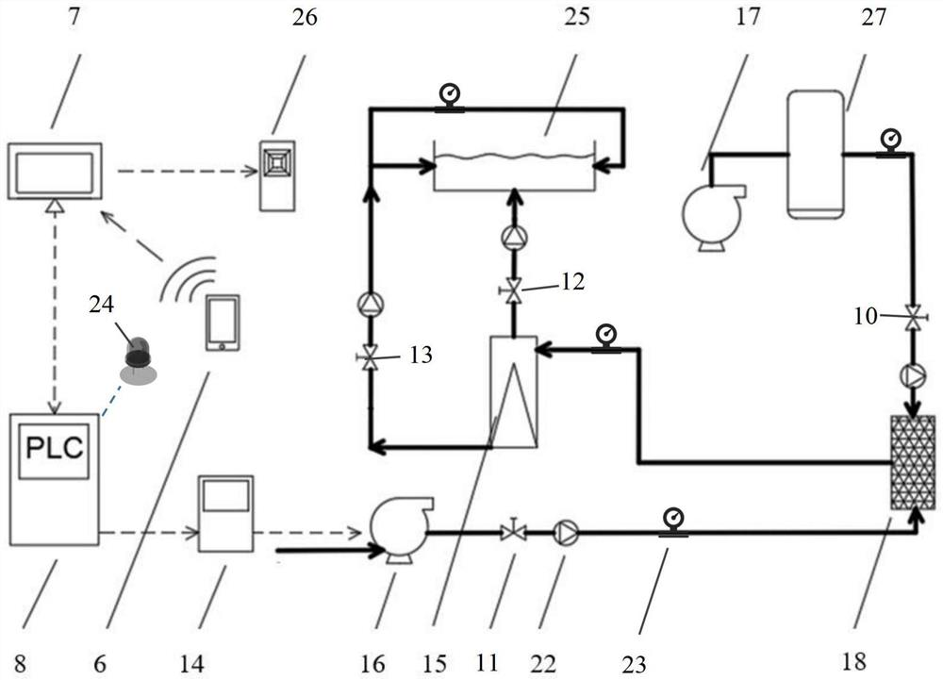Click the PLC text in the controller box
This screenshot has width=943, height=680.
(x=54, y=448)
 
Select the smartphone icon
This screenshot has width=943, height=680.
(x=223, y=323)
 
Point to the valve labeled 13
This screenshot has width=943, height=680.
(x=370, y=357)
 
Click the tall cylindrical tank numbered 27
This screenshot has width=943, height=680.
(x=815, y=155)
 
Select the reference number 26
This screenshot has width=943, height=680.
(x=305, y=17)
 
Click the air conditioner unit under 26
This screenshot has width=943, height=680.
(x=277, y=175)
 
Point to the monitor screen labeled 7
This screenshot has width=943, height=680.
(x=55, y=171)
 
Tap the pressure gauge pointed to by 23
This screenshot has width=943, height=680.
(x=673, y=522)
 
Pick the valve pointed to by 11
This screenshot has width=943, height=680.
(x=513, y=531)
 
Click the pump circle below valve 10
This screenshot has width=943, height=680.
(x=914, y=375)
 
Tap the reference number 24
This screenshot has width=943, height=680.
(x=101, y=305)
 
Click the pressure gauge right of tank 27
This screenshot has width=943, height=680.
(x=889, y=143)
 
